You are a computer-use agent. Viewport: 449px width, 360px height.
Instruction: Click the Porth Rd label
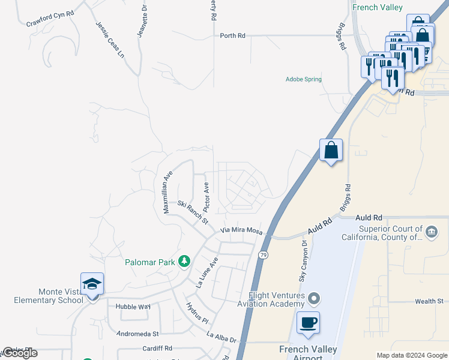click(233, 36)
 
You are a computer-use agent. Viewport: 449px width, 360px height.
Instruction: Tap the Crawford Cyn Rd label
click(50, 19)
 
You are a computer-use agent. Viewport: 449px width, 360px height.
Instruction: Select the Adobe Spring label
click(304, 79)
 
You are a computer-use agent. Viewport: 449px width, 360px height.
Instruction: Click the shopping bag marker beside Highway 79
click(331, 150)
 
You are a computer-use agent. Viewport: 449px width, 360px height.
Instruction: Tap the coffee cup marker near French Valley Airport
click(308, 323)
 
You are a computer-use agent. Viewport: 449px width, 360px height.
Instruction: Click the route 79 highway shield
click(263, 255)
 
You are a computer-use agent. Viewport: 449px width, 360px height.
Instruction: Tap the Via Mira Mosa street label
click(242, 230)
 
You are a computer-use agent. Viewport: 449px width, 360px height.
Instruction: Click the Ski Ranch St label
click(192, 212)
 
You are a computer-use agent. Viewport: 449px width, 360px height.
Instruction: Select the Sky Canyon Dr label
click(303, 261)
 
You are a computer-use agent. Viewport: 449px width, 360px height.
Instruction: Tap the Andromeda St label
click(137, 333)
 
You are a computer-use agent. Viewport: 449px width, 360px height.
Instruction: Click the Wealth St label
click(429, 301)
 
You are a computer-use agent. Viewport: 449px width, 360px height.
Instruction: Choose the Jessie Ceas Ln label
click(110, 40)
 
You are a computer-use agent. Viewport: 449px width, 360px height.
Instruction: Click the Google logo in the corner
click(20, 353)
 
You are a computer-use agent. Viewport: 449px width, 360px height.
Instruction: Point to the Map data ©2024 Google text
click(412, 355)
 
